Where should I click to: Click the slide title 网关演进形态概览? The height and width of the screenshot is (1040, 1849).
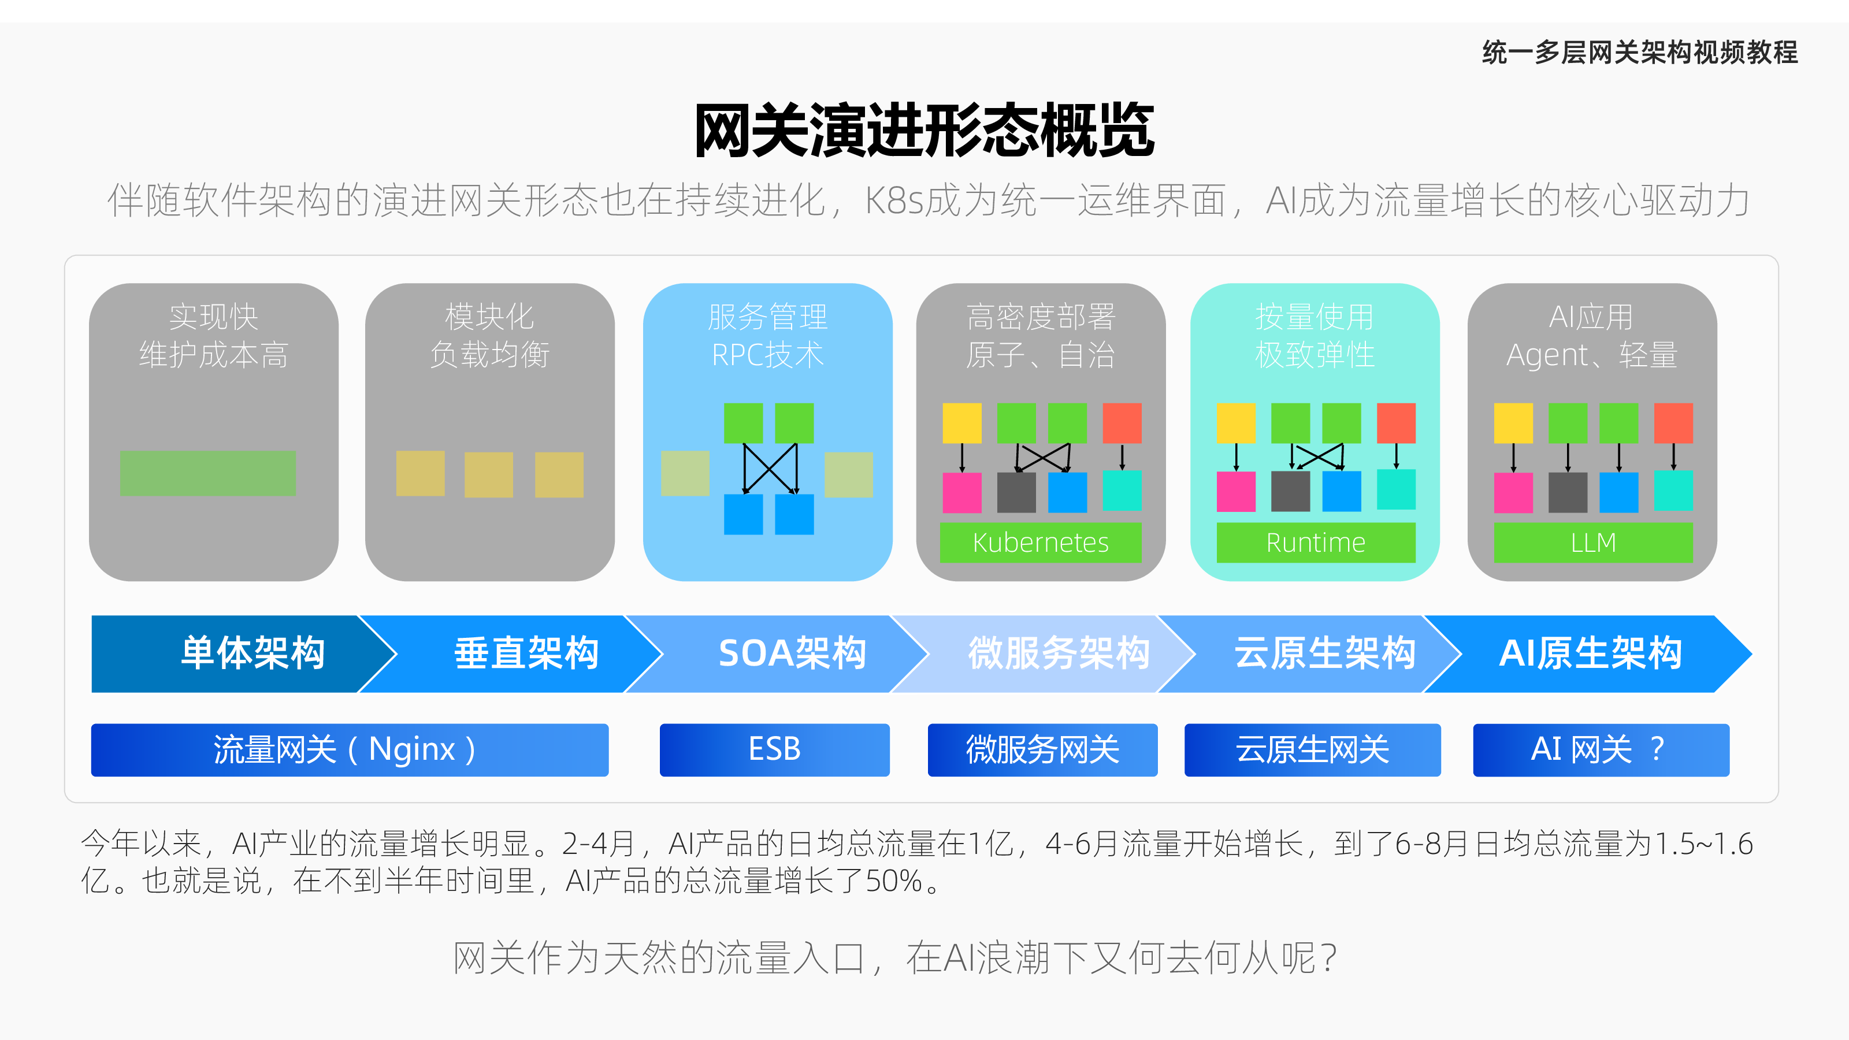[x=924, y=131]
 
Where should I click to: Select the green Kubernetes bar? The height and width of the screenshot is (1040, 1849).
[x=1041, y=543]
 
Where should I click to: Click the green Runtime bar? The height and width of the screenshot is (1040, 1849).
[x=1316, y=543]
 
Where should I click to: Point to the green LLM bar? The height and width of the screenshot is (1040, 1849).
[x=1594, y=543]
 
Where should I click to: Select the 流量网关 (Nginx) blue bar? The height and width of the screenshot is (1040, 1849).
[x=350, y=750]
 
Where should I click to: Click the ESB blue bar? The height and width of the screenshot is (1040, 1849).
[x=774, y=750]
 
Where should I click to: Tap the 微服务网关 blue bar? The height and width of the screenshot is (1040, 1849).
[x=1042, y=750]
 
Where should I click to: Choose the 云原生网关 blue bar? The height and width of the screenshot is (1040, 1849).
[x=1312, y=750]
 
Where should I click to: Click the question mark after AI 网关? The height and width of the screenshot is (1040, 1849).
[x=1657, y=749]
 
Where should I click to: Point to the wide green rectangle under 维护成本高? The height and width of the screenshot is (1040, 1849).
[x=208, y=473]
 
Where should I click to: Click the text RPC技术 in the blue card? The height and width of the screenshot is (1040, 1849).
[x=767, y=355]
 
